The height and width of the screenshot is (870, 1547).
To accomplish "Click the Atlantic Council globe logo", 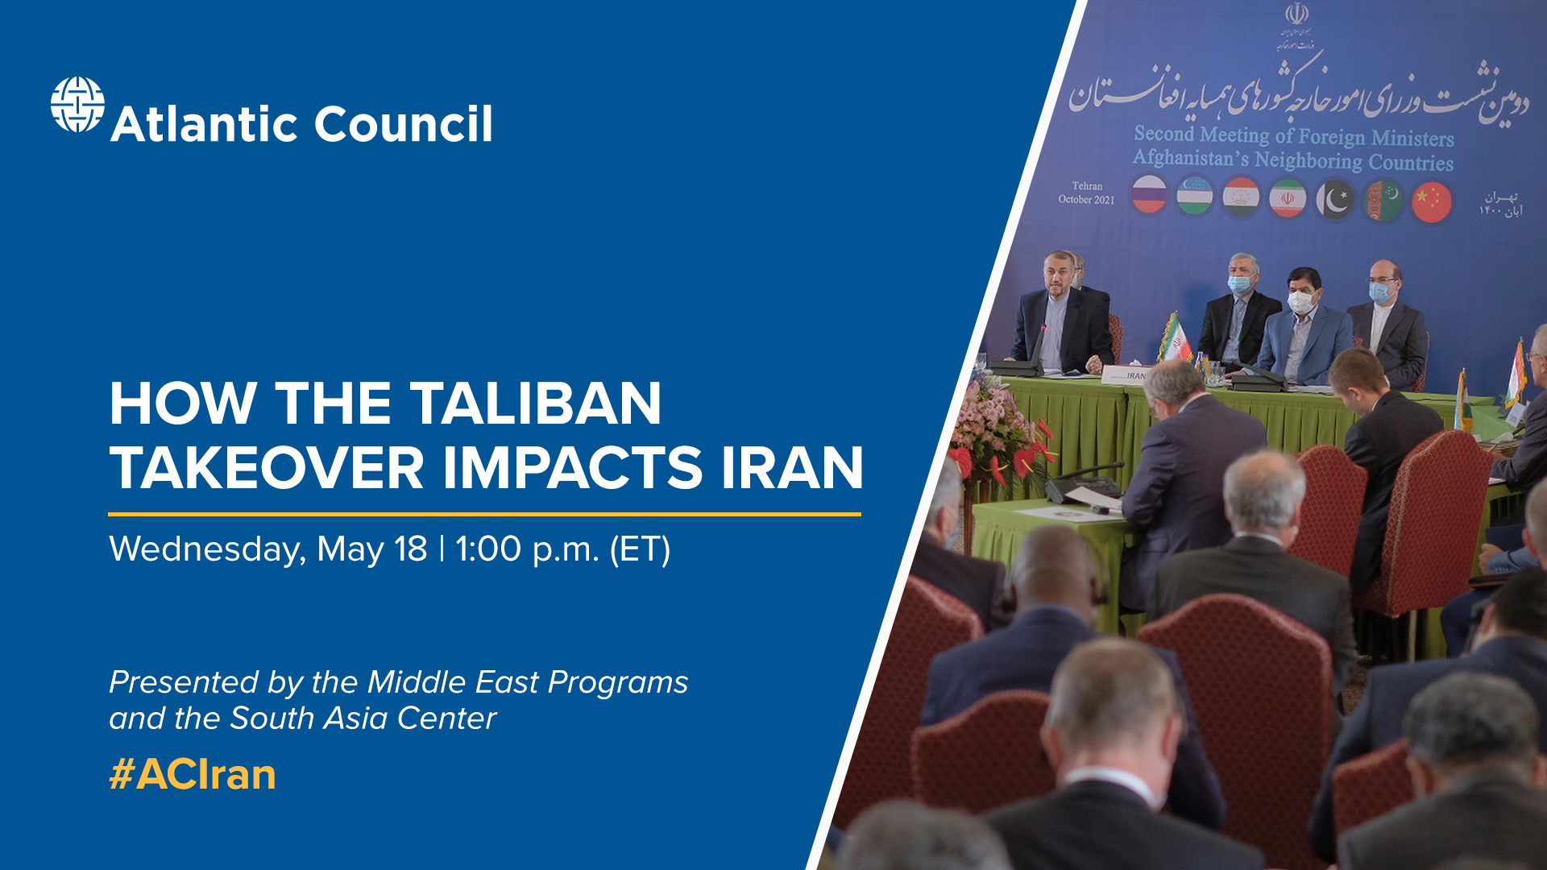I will tap(77, 105).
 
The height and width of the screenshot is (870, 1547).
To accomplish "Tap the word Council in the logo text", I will tap(403, 125).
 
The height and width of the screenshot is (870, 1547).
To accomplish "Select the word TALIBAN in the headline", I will tap(535, 404).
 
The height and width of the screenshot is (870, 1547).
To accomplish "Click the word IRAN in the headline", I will tap(791, 468).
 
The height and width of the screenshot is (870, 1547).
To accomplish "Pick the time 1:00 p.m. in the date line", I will tap(527, 549).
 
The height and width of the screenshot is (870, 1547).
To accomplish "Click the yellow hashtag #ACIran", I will tap(193, 775).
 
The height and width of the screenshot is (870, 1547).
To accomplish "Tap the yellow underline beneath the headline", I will tap(484, 513).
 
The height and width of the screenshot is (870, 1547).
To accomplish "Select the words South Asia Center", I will tap(363, 718).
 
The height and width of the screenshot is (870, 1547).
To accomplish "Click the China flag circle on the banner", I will tap(1431, 201).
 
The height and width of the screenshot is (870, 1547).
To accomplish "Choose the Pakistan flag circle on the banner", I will tap(1335, 200).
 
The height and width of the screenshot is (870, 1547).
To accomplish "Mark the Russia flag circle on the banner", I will tap(1149, 194).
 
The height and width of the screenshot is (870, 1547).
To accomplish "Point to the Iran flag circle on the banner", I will tap(1288, 198).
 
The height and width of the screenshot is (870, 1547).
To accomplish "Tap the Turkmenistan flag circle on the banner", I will tap(1383, 201).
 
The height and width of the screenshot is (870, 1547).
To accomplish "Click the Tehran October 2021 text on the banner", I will tap(1086, 193).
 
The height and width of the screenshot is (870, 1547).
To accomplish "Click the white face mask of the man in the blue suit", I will tap(1300, 302).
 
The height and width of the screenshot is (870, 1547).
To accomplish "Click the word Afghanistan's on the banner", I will tap(1190, 157).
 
